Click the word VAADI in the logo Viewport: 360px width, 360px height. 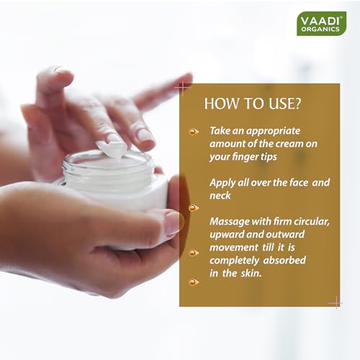coord(321,21)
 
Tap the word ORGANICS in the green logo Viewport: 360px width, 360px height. coord(320,30)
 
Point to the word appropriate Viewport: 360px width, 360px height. coord(273,132)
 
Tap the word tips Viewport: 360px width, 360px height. coord(269,157)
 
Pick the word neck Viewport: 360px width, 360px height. coord(220,196)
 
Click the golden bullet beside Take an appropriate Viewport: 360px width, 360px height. coord(194,132)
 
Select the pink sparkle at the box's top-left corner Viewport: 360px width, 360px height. coord(183,88)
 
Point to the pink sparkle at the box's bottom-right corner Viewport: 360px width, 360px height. coord(336,303)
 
